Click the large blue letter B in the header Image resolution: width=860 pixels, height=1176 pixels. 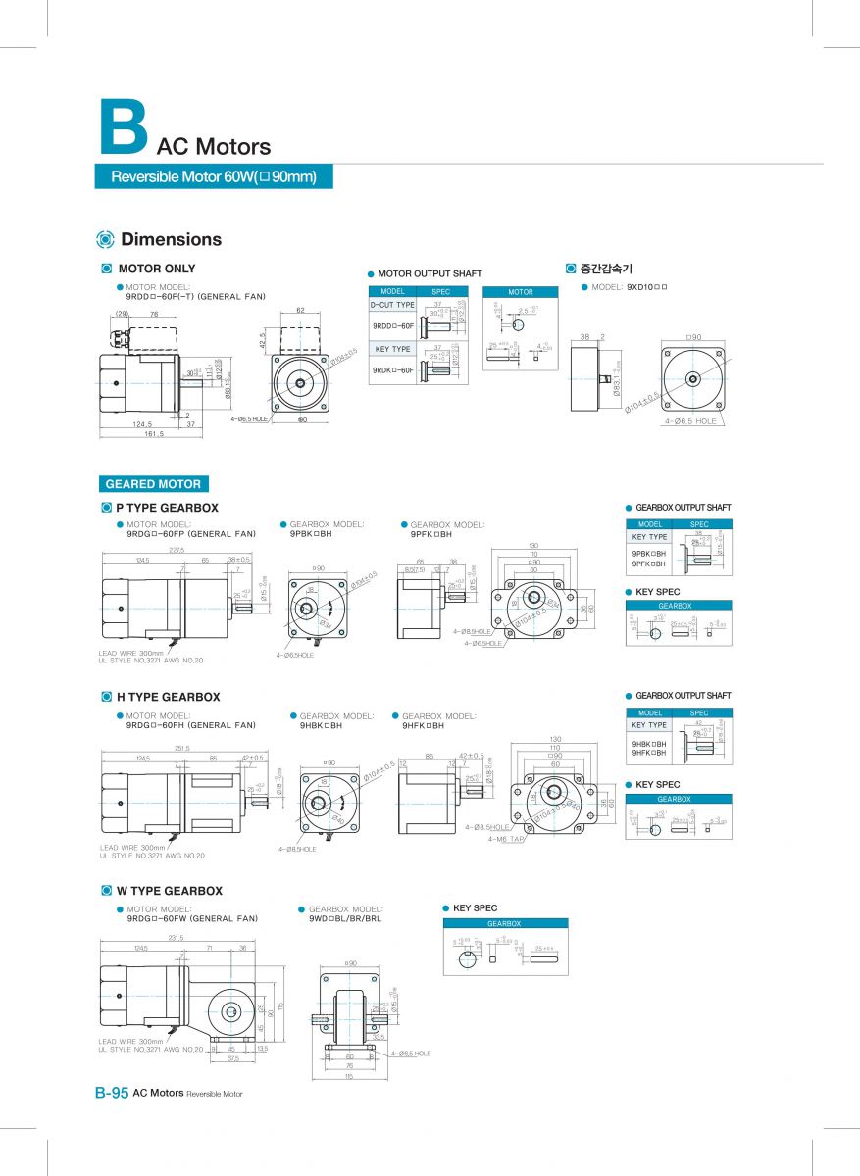123,126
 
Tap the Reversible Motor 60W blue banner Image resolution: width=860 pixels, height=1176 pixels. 214,177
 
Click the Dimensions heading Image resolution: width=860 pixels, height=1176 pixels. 171,239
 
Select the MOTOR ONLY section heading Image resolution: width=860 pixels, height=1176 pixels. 156,269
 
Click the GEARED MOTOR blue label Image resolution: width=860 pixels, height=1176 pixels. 153,484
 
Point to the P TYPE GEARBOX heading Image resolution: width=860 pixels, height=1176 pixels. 167,508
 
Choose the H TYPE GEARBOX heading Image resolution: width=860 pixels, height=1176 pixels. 168,697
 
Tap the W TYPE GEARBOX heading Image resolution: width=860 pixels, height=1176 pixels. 169,891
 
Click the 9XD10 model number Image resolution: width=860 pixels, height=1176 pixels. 646,287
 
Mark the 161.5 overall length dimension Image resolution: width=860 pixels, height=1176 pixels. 155,433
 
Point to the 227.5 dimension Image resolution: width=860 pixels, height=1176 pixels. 177,550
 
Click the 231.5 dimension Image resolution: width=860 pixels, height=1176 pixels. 177,938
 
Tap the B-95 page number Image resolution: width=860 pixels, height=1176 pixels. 112,1093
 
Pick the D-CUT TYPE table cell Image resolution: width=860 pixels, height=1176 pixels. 392,305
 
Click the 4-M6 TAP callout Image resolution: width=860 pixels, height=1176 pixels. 506,839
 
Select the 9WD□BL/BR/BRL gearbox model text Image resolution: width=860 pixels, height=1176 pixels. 345,918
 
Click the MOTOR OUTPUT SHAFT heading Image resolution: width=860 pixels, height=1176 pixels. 430,273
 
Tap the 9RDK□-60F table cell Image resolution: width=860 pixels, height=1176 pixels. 392,369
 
